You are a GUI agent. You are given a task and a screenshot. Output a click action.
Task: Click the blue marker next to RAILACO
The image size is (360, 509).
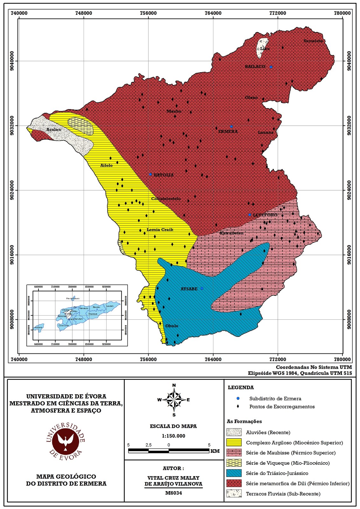pos(271,67)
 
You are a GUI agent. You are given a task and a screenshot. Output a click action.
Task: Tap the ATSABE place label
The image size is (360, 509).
pos(189,289)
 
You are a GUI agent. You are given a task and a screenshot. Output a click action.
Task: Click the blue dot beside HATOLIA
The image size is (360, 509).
pos(150,174)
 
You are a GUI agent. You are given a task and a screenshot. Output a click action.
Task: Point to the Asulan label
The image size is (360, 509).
pos(53,129)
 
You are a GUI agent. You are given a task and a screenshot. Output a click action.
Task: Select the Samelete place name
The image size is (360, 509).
pos(313,41)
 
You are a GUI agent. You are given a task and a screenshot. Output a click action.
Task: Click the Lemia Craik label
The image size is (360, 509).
pos(160,230)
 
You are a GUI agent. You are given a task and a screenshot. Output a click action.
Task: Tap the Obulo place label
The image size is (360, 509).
pos(172,326)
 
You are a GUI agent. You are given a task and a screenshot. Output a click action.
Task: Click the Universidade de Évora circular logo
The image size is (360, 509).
pos(66,442)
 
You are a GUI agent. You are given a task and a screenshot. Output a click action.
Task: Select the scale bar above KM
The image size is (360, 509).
pos(169,450)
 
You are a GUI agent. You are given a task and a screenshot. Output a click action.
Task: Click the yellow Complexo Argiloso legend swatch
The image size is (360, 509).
pos(234,443)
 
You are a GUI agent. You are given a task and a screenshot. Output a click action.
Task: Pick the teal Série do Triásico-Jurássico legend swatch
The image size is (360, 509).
pos(234,473)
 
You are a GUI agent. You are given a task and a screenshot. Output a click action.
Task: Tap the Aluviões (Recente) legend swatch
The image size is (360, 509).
pos(234,432)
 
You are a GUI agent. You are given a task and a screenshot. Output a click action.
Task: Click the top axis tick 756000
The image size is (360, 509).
pos(148,13)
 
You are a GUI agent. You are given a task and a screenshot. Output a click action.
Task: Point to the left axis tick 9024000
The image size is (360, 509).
pos(12,190)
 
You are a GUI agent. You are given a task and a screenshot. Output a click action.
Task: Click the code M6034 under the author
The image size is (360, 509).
pos(173,493)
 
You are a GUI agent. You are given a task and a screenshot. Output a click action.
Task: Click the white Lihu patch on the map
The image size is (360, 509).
pos(261,48)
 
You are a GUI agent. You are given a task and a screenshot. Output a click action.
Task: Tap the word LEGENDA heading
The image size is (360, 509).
pos(241,387)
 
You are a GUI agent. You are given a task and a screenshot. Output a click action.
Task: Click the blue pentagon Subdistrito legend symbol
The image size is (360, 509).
pos(238,398)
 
